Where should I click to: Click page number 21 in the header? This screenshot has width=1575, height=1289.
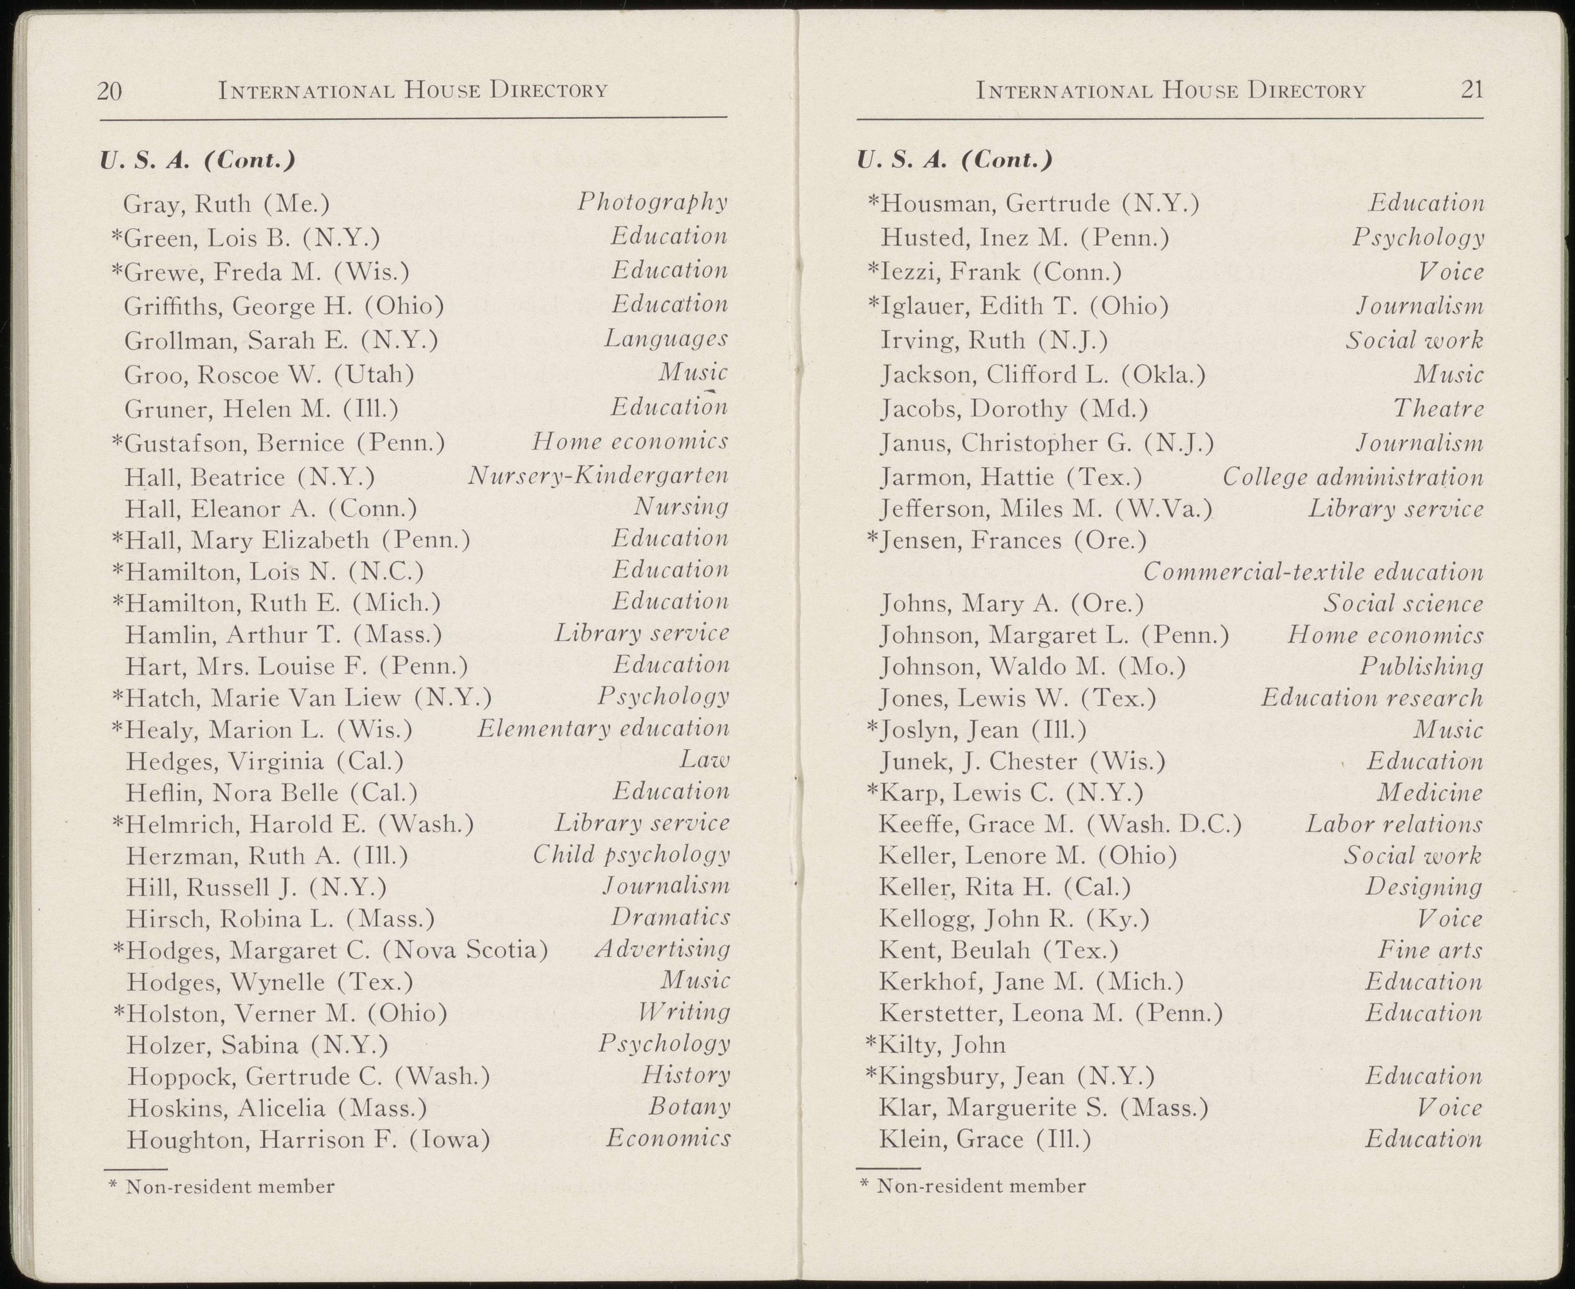[x=1472, y=90]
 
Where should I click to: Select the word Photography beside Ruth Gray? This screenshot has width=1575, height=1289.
[x=652, y=202]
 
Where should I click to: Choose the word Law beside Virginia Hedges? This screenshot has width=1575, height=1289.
[x=705, y=760]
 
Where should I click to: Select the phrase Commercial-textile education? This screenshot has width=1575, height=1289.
[x=1312, y=572]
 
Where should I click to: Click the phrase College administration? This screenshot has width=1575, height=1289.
[x=1352, y=477]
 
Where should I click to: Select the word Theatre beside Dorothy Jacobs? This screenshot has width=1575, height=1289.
[x=1438, y=408]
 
